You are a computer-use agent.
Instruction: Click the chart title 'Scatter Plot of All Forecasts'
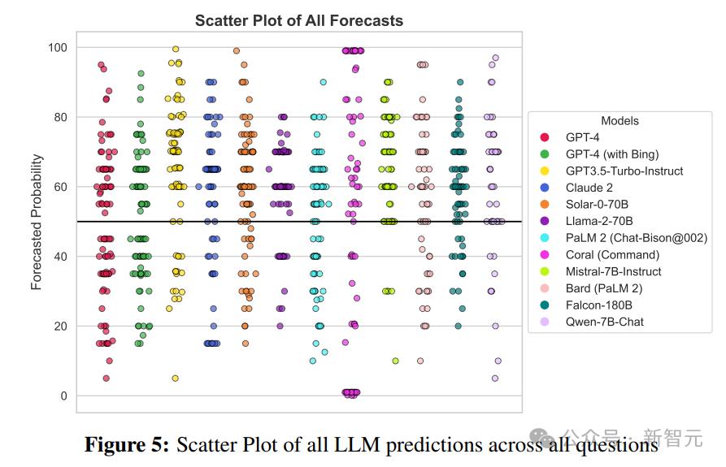click(x=298, y=20)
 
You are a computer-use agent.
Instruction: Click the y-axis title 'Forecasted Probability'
click(x=37, y=223)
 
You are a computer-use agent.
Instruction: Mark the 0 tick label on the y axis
click(x=63, y=396)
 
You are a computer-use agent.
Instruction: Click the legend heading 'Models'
click(x=619, y=120)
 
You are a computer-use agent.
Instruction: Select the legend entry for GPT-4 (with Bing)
click(x=612, y=154)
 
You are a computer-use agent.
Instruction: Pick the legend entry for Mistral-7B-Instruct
click(x=614, y=271)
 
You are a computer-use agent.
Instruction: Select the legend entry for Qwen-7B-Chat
click(x=605, y=322)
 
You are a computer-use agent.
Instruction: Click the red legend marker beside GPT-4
click(x=545, y=138)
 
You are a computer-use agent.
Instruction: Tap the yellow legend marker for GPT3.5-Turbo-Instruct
click(x=545, y=171)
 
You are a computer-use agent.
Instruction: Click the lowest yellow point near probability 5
click(x=175, y=378)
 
